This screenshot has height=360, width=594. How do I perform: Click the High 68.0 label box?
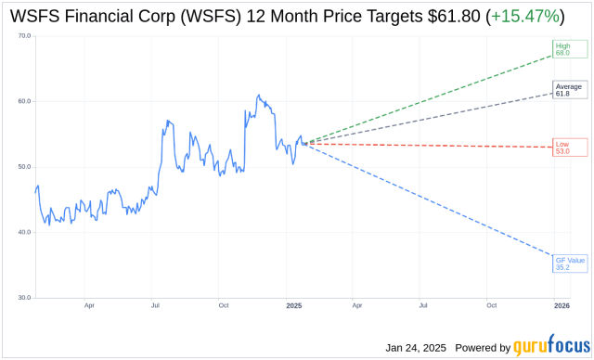pyautogui.click(x=563, y=50)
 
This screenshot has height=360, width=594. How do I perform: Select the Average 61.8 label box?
pyautogui.click(x=569, y=90)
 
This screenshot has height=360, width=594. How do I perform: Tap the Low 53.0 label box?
pyautogui.click(x=562, y=147)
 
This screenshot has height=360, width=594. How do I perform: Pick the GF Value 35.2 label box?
pyautogui.click(x=567, y=264)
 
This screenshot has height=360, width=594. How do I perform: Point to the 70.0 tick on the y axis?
pyautogui.click(x=23, y=35)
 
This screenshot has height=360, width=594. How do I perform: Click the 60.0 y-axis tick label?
pyautogui.click(x=23, y=101)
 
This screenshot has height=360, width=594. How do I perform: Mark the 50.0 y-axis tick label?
pyautogui.click(x=23, y=167)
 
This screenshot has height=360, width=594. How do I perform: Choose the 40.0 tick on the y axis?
pyautogui.click(x=23, y=233)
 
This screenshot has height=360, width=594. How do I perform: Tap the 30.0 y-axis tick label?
pyautogui.click(x=23, y=298)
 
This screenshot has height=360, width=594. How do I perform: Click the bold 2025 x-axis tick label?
pyautogui.click(x=294, y=305)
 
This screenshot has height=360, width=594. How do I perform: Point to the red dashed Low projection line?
pyautogui.click(x=427, y=145)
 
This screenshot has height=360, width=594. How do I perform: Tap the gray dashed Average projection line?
pyautogui.click(x=427, y=118)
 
